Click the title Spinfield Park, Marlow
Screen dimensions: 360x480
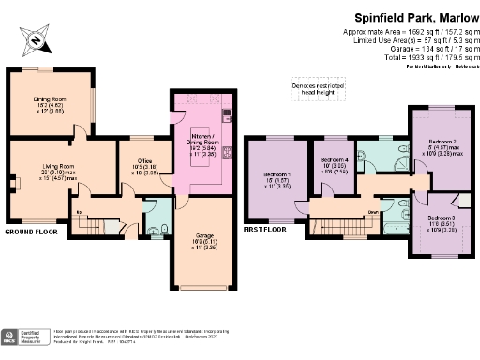pyautogui.click(x=413, y=16)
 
